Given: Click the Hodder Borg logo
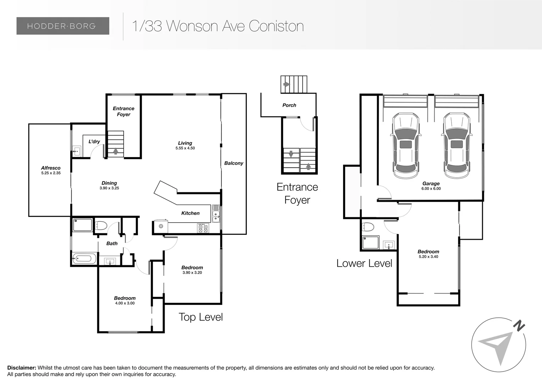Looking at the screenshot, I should click(x=62, y=26).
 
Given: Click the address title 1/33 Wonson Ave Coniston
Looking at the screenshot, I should click(x=217, y=26).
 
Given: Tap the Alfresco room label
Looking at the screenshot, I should click(x=51, y=168).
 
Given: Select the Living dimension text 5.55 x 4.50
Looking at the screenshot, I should click(x=185, y=148).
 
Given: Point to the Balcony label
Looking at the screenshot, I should click(x=233, y=163).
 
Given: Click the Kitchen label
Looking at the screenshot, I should click(x=190, y=213).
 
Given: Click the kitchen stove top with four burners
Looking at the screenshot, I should click(x=203, y=228).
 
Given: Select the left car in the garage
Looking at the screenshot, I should click(x=406, y=145).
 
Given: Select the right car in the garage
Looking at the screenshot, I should click(x=457, y=145).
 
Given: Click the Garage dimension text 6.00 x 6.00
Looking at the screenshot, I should click(x=431, y=189).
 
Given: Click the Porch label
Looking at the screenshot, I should click(x=289, y=105).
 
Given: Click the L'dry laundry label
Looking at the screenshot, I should click(x=94, y=141).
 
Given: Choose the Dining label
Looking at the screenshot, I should click(x=109, y=183).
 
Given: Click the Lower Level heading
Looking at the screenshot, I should click(x=364, y=263).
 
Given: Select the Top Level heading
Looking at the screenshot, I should click(x=200, y=317).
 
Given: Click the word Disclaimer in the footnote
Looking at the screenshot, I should click(x=22, y=368).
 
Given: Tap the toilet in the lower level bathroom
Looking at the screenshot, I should click(x=368, y=227).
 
